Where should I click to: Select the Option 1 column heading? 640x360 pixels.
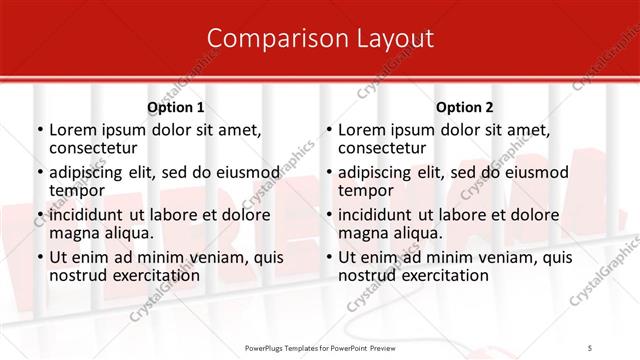click(x=176, y=107)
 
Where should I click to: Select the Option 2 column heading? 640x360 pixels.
click(x=465, y=107)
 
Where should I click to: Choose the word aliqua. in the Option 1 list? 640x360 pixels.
click(x=129, y=233)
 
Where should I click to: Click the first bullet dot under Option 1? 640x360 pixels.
click(x=39, y=130)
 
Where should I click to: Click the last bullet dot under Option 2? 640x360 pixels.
click(x=328, y=257)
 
